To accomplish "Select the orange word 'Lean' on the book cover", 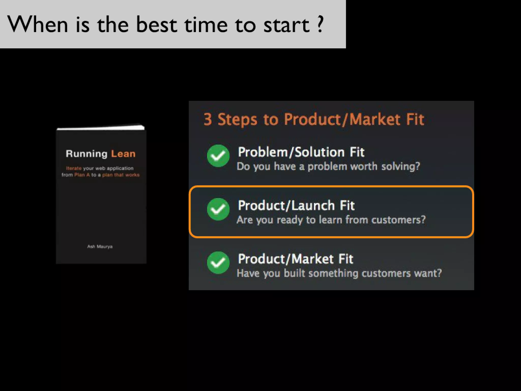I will click(x=123, y=154).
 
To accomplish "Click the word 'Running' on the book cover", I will click(x=86, y=154).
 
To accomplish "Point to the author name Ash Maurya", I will click(x=100, y=246).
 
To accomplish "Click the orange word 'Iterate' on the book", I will click(x=74, y=168).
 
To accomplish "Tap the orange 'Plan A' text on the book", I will click(x=82, y=175).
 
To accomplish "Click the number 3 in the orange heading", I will click(x=208, y=119).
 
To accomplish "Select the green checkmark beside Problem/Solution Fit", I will click(x=218, y=156).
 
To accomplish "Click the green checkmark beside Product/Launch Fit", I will click(x=218, y=209).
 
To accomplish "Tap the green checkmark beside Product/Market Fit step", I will click(x=218, y=262).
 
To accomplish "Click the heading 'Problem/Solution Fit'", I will click(x=301, y=152).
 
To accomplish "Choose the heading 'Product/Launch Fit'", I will click(x=296, y=206).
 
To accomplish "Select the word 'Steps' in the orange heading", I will click(x=237, y=119).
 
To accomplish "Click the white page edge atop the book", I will click(x=101, y=127).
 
